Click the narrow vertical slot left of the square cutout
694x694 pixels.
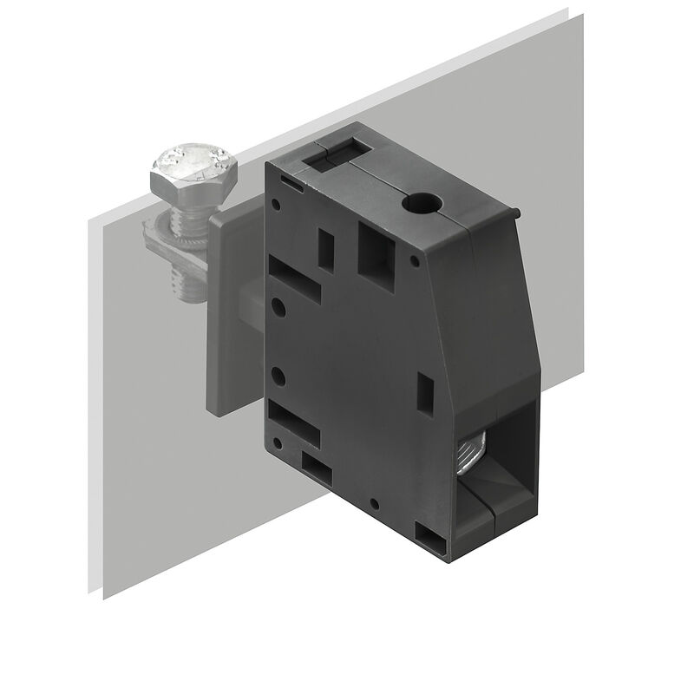[327, 246]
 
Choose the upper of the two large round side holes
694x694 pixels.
[279, 307]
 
